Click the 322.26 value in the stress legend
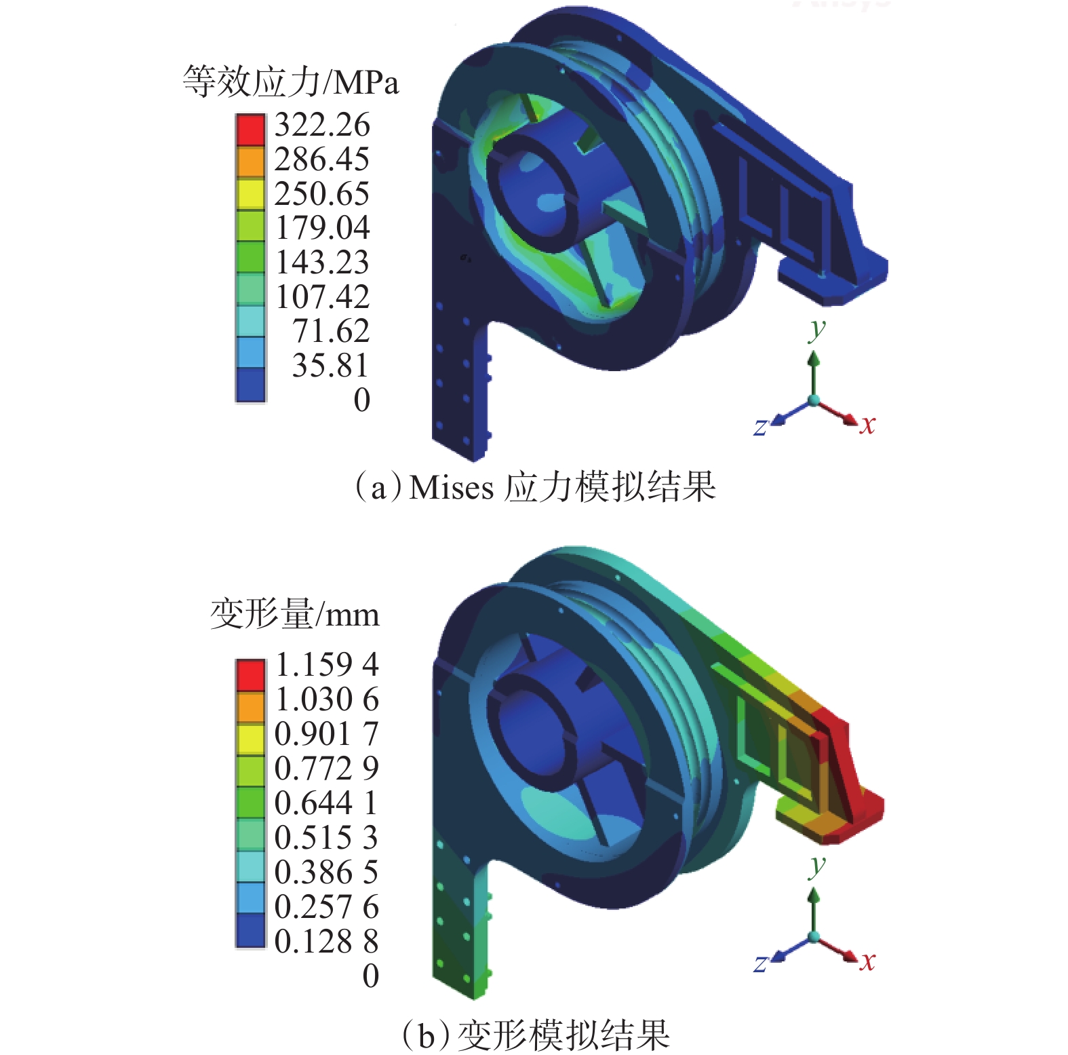click(322, 126)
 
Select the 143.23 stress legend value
click(322, 263)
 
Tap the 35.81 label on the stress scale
click(331, 366)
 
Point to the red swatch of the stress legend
click(250, 130)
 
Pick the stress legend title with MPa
click(291, 82)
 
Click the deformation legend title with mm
click(295, 614)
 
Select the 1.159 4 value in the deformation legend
click(327, 665)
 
